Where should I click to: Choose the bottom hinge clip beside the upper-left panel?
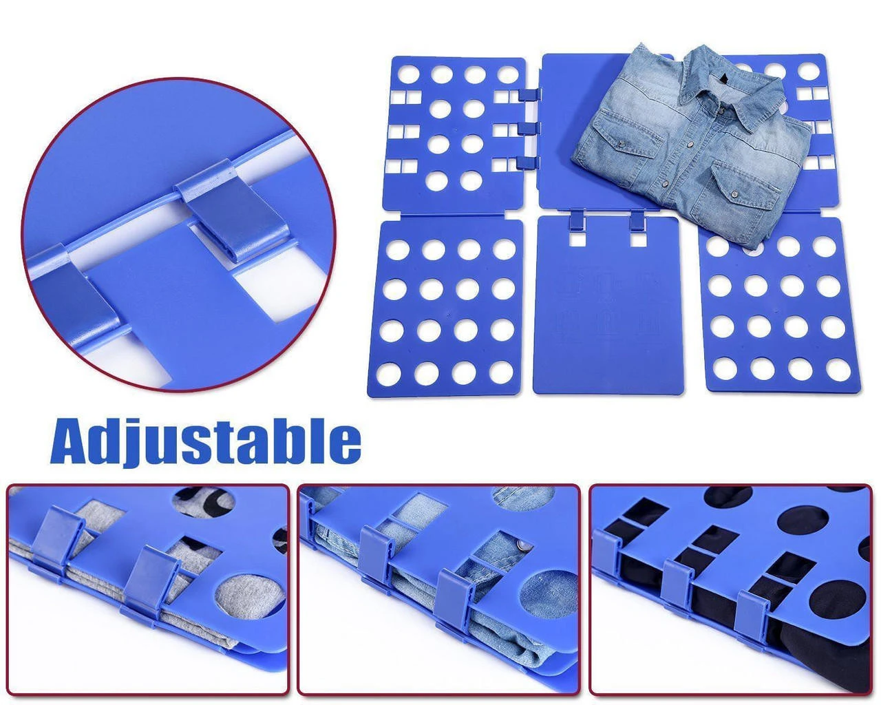[x=528, y=162]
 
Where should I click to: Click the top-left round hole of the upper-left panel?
[x=409, y=74]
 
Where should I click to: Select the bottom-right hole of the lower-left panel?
[x=501, y=372]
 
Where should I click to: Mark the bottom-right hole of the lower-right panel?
[x=838, y=369]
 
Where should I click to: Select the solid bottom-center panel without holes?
[x=608, y=305]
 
